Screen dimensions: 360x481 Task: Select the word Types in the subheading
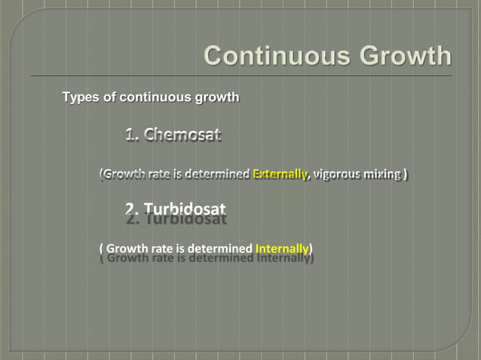coord(79,97)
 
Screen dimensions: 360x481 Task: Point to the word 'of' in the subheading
coord(108,97)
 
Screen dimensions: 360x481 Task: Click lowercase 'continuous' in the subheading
coord(150,97)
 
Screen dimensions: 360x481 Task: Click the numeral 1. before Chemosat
coord(133,136)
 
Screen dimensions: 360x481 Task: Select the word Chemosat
coord(182,136)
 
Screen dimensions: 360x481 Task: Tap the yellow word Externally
coord(280,175)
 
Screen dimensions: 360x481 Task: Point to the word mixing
coord(383,175)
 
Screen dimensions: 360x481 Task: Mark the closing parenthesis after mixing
coord(406,175)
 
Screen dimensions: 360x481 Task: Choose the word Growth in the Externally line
coord(125,175)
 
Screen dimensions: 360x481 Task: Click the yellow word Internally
coord(283,248)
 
